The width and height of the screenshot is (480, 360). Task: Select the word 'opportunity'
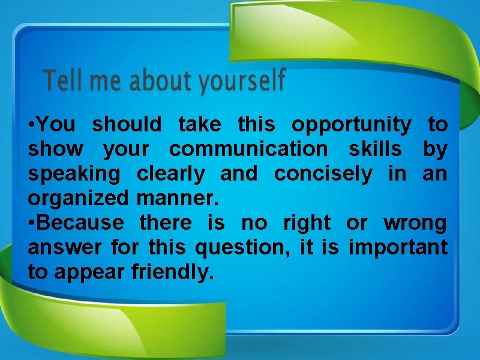[x=352, y=125]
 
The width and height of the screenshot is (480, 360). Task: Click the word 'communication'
[x=248, y=150]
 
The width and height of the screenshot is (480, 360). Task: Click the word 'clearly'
[x=172, y=175]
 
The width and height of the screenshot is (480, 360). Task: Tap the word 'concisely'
[x=323, y=175]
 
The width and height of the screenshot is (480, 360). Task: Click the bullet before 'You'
[x=31, y=125]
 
